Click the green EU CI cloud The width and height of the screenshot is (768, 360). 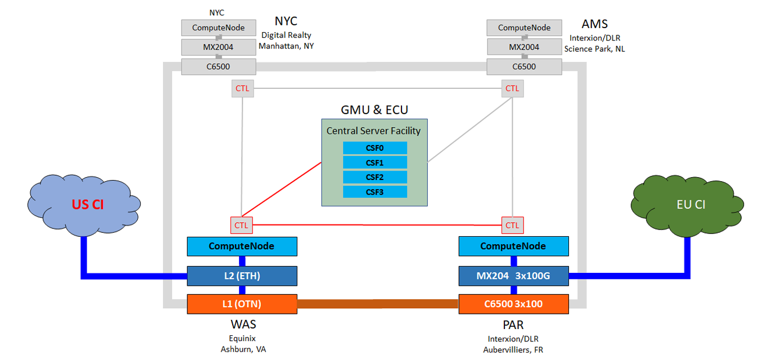click(x=690, y=204)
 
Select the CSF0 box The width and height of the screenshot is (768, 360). click(x=374, y=148)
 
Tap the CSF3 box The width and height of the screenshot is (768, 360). click(x=374, y=192)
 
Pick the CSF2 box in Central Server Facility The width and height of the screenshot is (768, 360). click(x=374, y=177)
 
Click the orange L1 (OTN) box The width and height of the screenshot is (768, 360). click(x=242, y=304)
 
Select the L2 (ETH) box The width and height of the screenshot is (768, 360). click(x=242, y=276)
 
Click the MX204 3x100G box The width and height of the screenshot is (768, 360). click(x=513, y=276)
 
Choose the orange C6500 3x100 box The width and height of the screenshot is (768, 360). click(x=513, y=304)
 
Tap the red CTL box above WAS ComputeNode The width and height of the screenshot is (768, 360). click(x=242, y=226)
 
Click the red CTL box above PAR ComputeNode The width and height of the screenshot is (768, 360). click(x=512, y=226)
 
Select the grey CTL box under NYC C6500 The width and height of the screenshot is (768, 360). click(x=242, y=88)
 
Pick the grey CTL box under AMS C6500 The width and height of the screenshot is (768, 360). click(x=512, y=88)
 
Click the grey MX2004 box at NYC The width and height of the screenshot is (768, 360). click(x=218, y=47)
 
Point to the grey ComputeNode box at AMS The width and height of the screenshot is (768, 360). click(x=524, y=28)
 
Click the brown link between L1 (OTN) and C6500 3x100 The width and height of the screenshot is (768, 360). click(x=377, y=304)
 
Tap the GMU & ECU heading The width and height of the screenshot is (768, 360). click(x=374, y=109)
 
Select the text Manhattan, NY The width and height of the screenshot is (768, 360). click(x=286, y=46)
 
